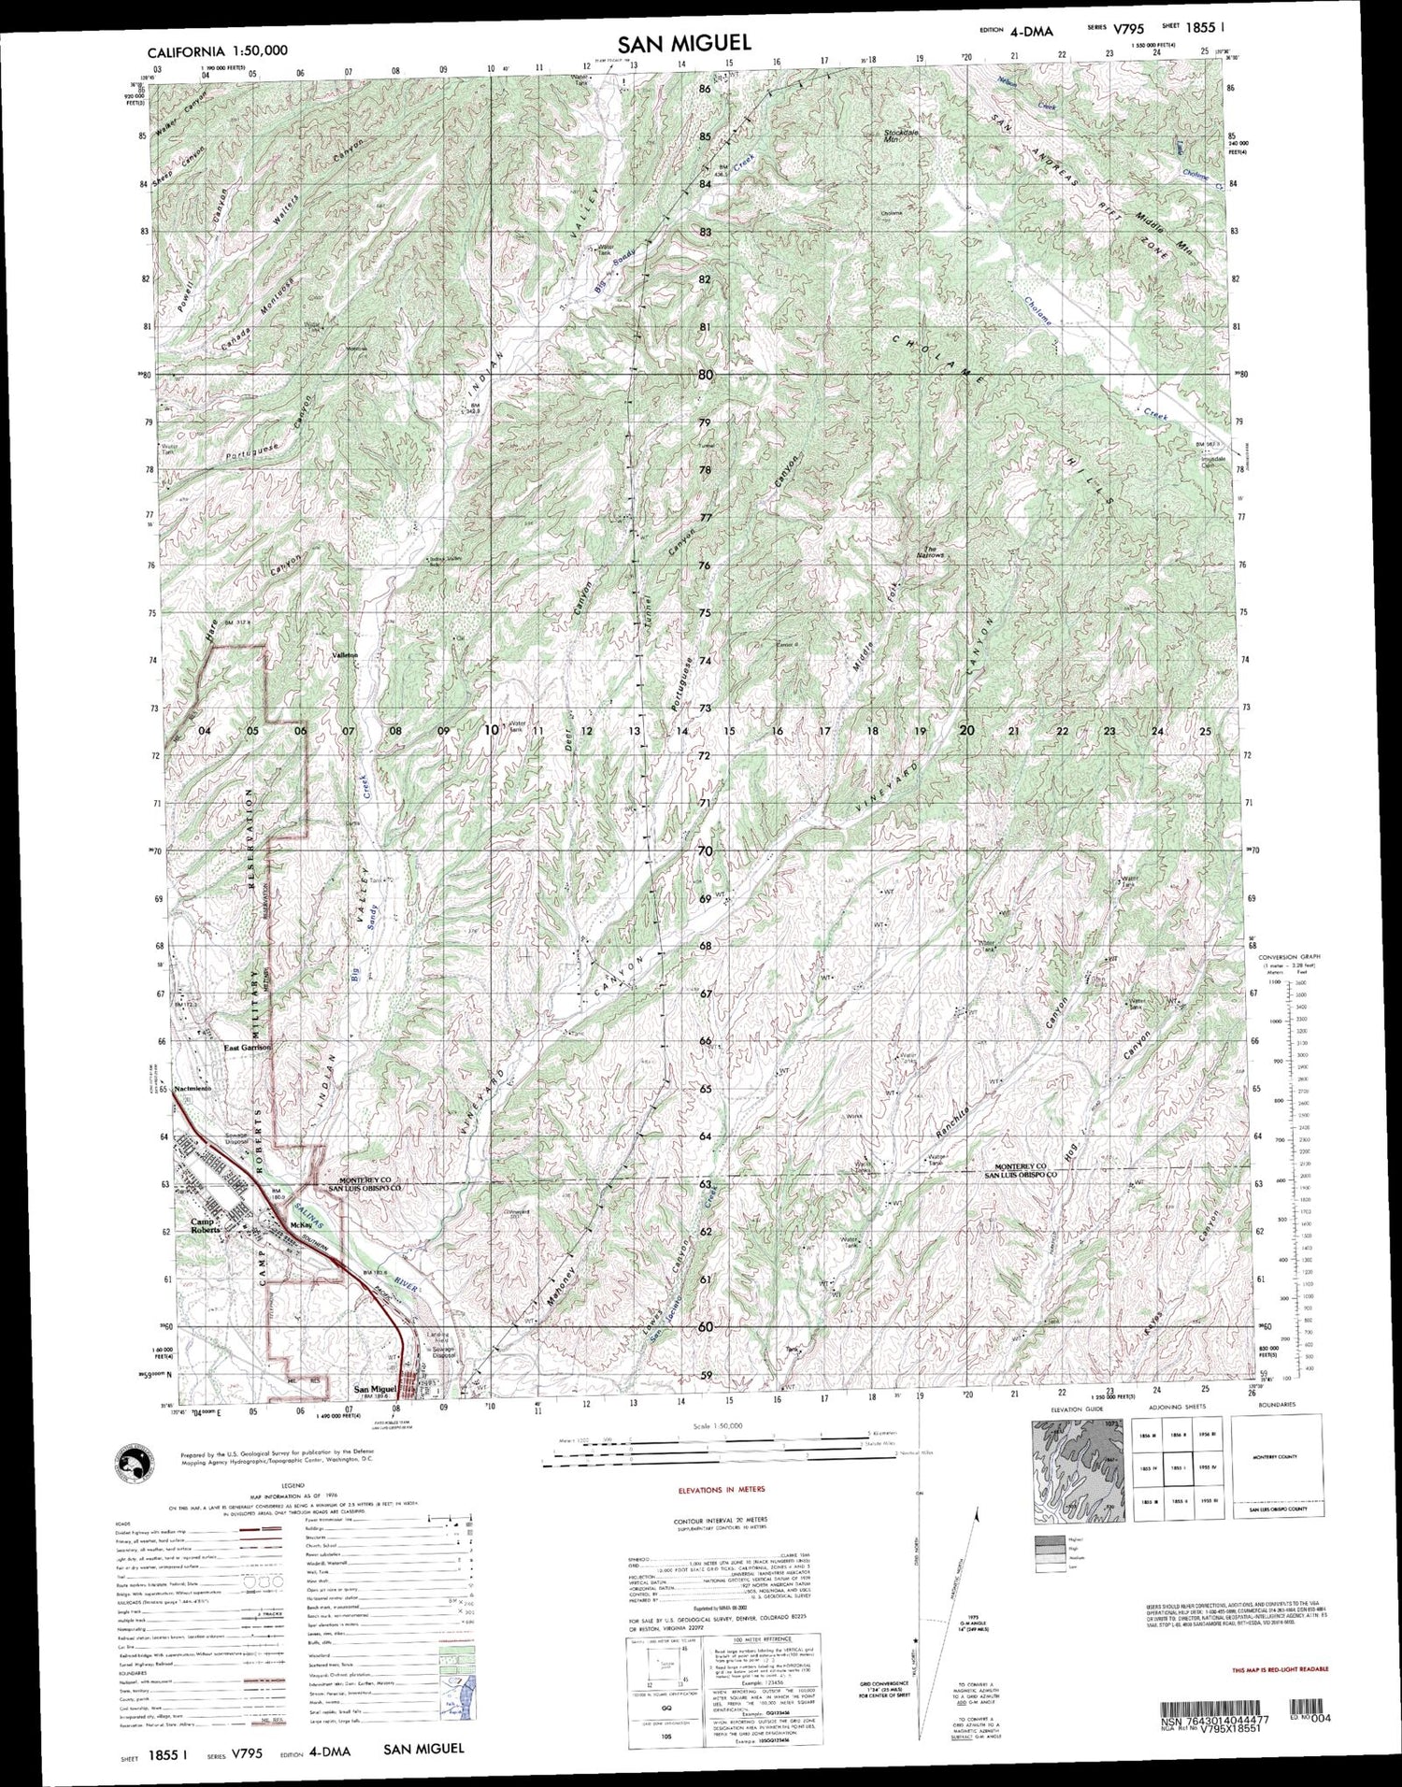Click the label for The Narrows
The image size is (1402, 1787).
pos(935,552)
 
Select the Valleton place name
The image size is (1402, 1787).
pos(345,656)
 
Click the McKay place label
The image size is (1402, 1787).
pos(300,1224)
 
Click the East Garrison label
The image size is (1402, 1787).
pos(246,1049)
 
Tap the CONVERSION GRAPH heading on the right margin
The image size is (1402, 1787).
pos(1285,959)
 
